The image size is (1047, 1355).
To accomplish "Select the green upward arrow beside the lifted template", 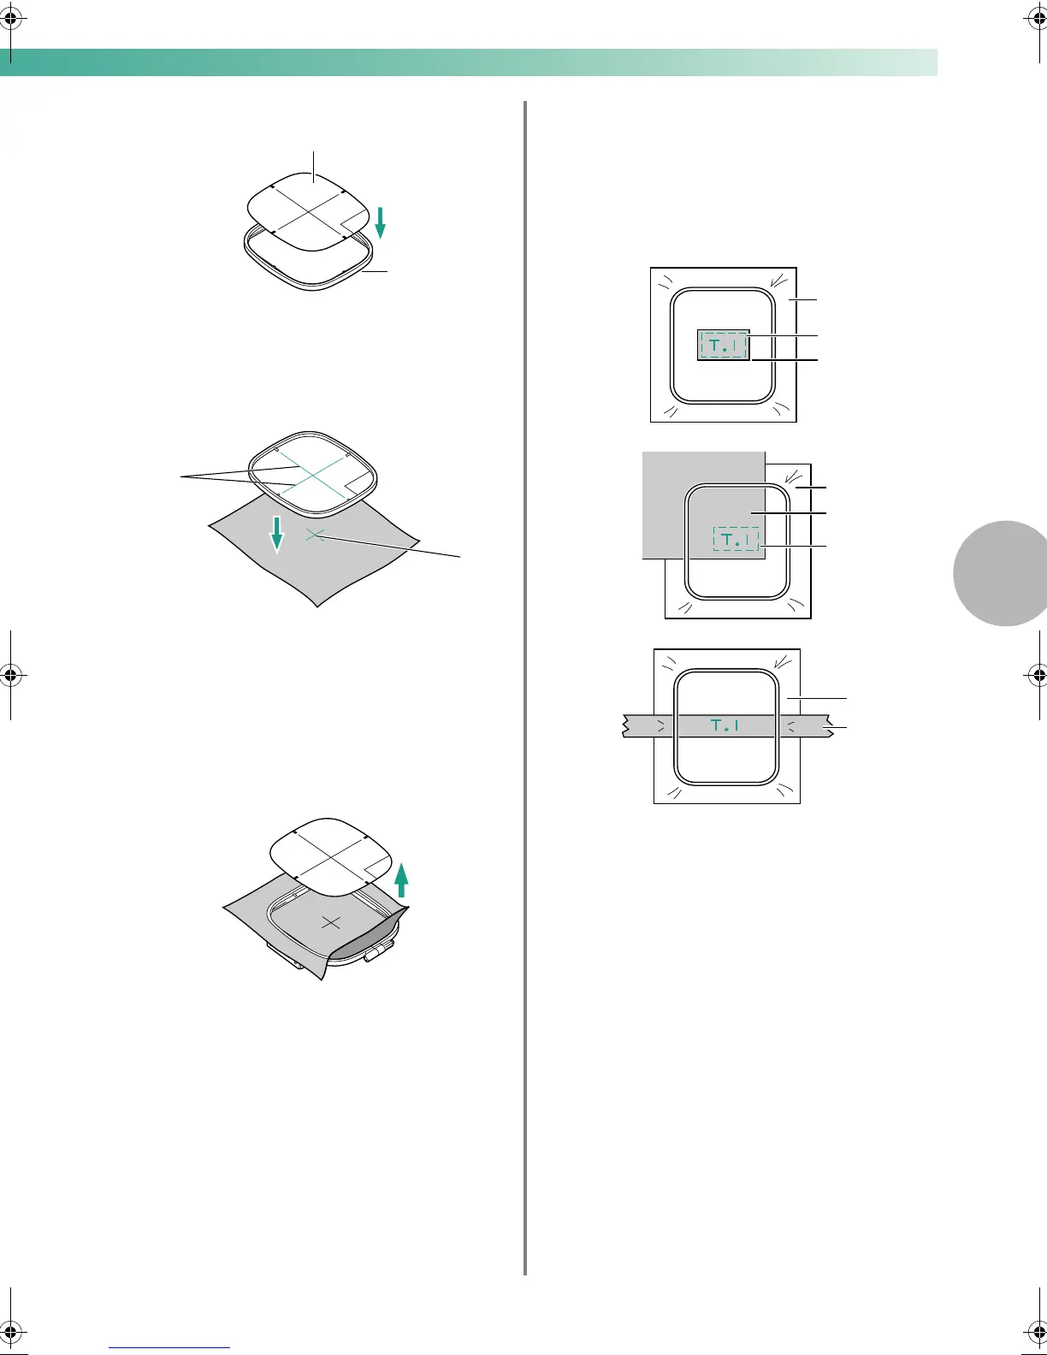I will coord(401,879).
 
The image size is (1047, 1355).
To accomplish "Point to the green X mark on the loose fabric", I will coord(315,535).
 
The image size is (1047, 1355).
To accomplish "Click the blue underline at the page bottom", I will coord(169,1348).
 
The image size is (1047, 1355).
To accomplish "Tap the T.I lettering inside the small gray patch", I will coord(724,346).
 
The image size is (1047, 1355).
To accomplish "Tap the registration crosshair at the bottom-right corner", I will coord(1036,1337).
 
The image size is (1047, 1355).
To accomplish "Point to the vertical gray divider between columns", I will coord(524,684).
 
